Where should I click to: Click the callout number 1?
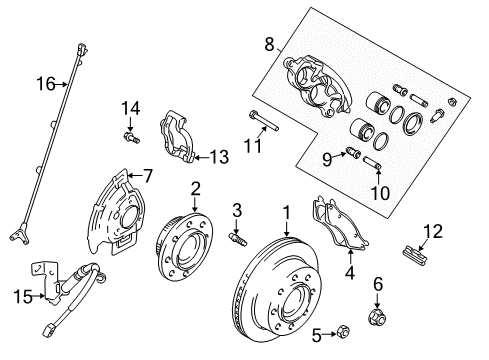(x=286, y=212)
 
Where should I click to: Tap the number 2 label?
(x=196, y=187)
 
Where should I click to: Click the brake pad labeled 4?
(x=339, y=236)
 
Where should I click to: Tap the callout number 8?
(x=268, y=44)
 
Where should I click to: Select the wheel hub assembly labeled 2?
(x=186, y=244)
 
